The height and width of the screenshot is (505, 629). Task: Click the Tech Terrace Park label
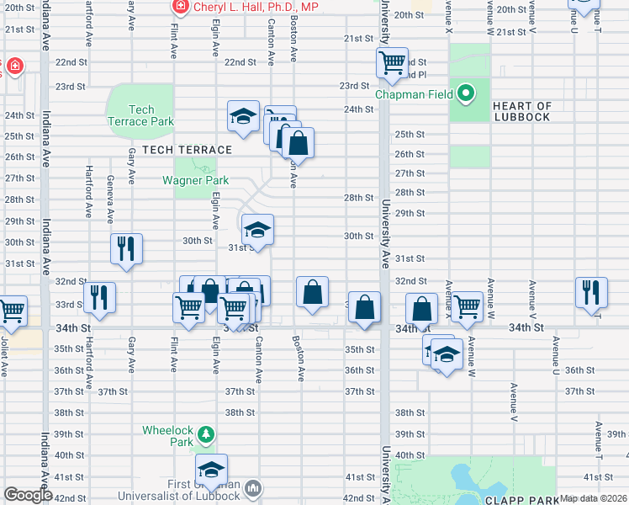(x=141, y=115)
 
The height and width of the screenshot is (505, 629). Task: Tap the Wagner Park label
(x=191, y=179)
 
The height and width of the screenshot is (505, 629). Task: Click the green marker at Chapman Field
(x=463, y=93)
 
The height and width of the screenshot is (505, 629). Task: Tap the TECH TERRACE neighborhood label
(x=187, y=150)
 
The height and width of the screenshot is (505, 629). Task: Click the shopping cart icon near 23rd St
(x=392, y=63)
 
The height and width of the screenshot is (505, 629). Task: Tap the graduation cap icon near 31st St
(x=257, y=229)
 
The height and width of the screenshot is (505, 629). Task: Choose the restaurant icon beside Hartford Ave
(x=100, y=297)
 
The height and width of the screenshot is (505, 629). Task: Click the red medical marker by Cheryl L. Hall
(x=180, y=7)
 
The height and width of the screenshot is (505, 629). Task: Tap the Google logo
(x=29, y=495)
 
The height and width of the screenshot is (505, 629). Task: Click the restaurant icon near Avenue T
(x=591, y=291)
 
